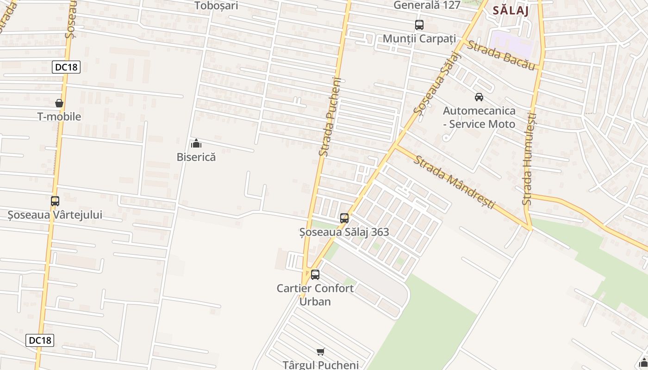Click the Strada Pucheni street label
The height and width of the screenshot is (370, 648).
click(330, 116)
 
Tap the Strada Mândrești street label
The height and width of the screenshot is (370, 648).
click(454, 182)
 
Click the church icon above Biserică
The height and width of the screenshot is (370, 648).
click(196, 143)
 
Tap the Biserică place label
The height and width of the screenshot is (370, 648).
click(196, 157)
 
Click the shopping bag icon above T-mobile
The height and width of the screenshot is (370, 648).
click(59, 103)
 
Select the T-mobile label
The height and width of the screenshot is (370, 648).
click(59, 117)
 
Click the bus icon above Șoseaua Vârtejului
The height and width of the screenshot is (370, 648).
click(55, 201)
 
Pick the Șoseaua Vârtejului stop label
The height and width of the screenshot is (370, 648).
click(55, 215)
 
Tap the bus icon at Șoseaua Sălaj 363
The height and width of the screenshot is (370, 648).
click(344, 218)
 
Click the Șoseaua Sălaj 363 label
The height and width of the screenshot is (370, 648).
click(344, 232)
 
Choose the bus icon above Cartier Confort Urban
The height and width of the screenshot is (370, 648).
click(315, 275)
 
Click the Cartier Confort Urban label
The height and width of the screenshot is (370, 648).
click(315, 295)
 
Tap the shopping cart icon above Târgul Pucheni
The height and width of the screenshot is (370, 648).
click(321, 351)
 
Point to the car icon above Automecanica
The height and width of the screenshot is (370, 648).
click(479, 97)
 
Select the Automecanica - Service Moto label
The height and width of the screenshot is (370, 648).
click(479, 117)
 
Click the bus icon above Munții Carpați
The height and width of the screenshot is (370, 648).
click(419, 25)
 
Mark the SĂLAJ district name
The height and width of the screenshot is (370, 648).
click(511, 10)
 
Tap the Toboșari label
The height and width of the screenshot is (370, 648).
click(216, 6)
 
